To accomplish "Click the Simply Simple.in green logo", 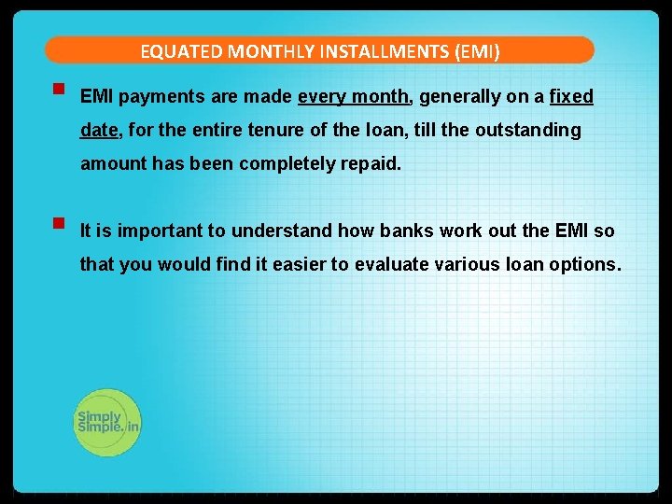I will [107, 423].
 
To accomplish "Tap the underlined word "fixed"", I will [571, 97].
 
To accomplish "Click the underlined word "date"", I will [99, 131].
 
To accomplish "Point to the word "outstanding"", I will [527, 131].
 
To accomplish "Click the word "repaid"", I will [371, 164].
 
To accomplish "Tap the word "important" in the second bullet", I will [162, 231].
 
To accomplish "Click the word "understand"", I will [282, 231].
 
